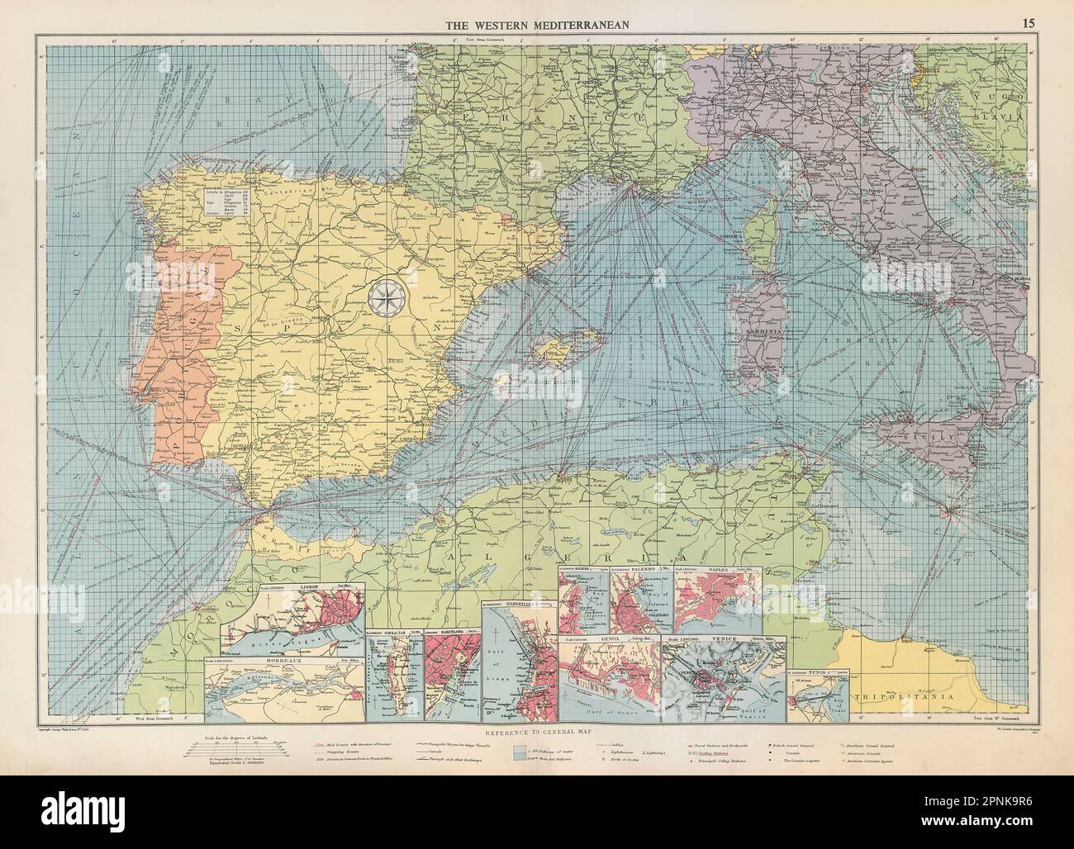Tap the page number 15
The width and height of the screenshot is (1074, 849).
1028,23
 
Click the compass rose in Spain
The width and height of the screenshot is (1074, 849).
383,299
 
